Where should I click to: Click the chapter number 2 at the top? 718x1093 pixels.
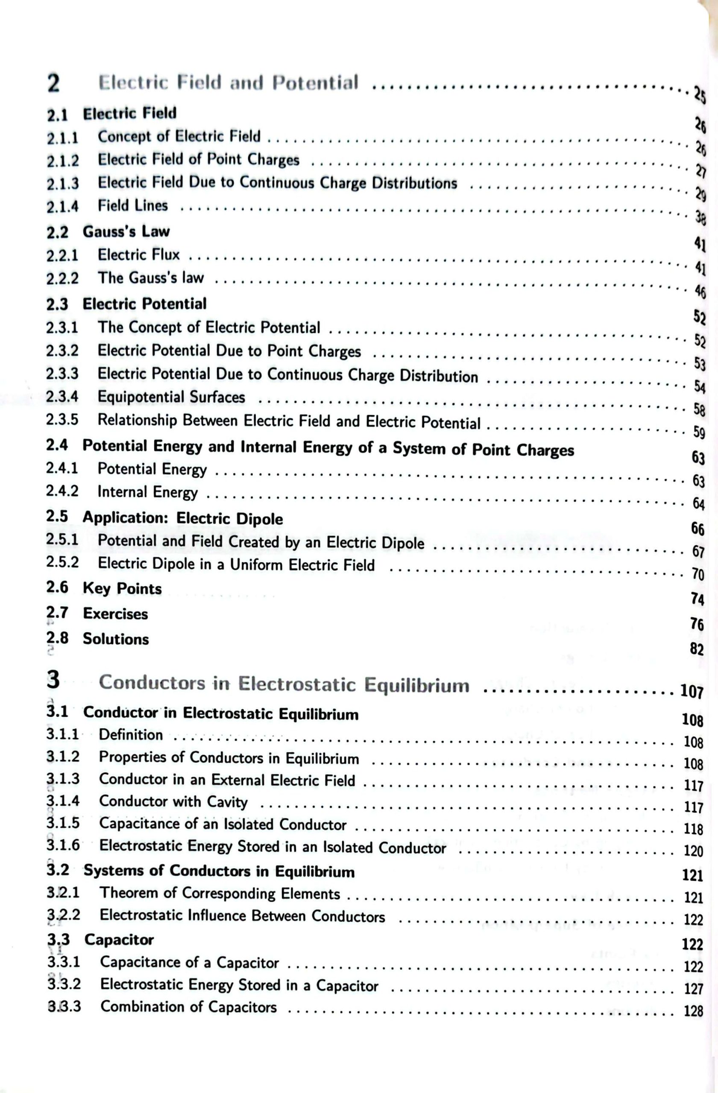(53, 84)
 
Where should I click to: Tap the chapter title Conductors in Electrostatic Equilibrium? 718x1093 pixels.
(284, 684)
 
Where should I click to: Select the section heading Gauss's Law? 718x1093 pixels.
(126, 231)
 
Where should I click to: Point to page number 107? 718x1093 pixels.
(692, 692)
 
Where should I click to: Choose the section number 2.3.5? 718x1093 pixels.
(62, 420)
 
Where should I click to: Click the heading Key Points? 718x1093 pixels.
(122, 588)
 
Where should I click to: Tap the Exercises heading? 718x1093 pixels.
(115, 614)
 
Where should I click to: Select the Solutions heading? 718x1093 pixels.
(116, 639)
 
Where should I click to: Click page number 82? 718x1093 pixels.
(696, 649)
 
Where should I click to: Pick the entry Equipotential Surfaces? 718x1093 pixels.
(171, 397)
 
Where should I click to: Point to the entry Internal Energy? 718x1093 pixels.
(147, 492)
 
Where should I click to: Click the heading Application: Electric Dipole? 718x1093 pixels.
(183, 518)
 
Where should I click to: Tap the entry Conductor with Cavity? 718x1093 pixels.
(173, 801)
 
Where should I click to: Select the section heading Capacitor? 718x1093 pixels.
(119, 940)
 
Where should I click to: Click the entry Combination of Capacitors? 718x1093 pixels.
(188, 1007)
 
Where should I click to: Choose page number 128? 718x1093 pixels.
(693, 1011)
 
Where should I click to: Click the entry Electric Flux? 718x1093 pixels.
(139, 254)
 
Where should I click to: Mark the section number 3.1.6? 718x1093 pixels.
(63, 845)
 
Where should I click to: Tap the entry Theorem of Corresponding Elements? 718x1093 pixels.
(220, 893)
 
